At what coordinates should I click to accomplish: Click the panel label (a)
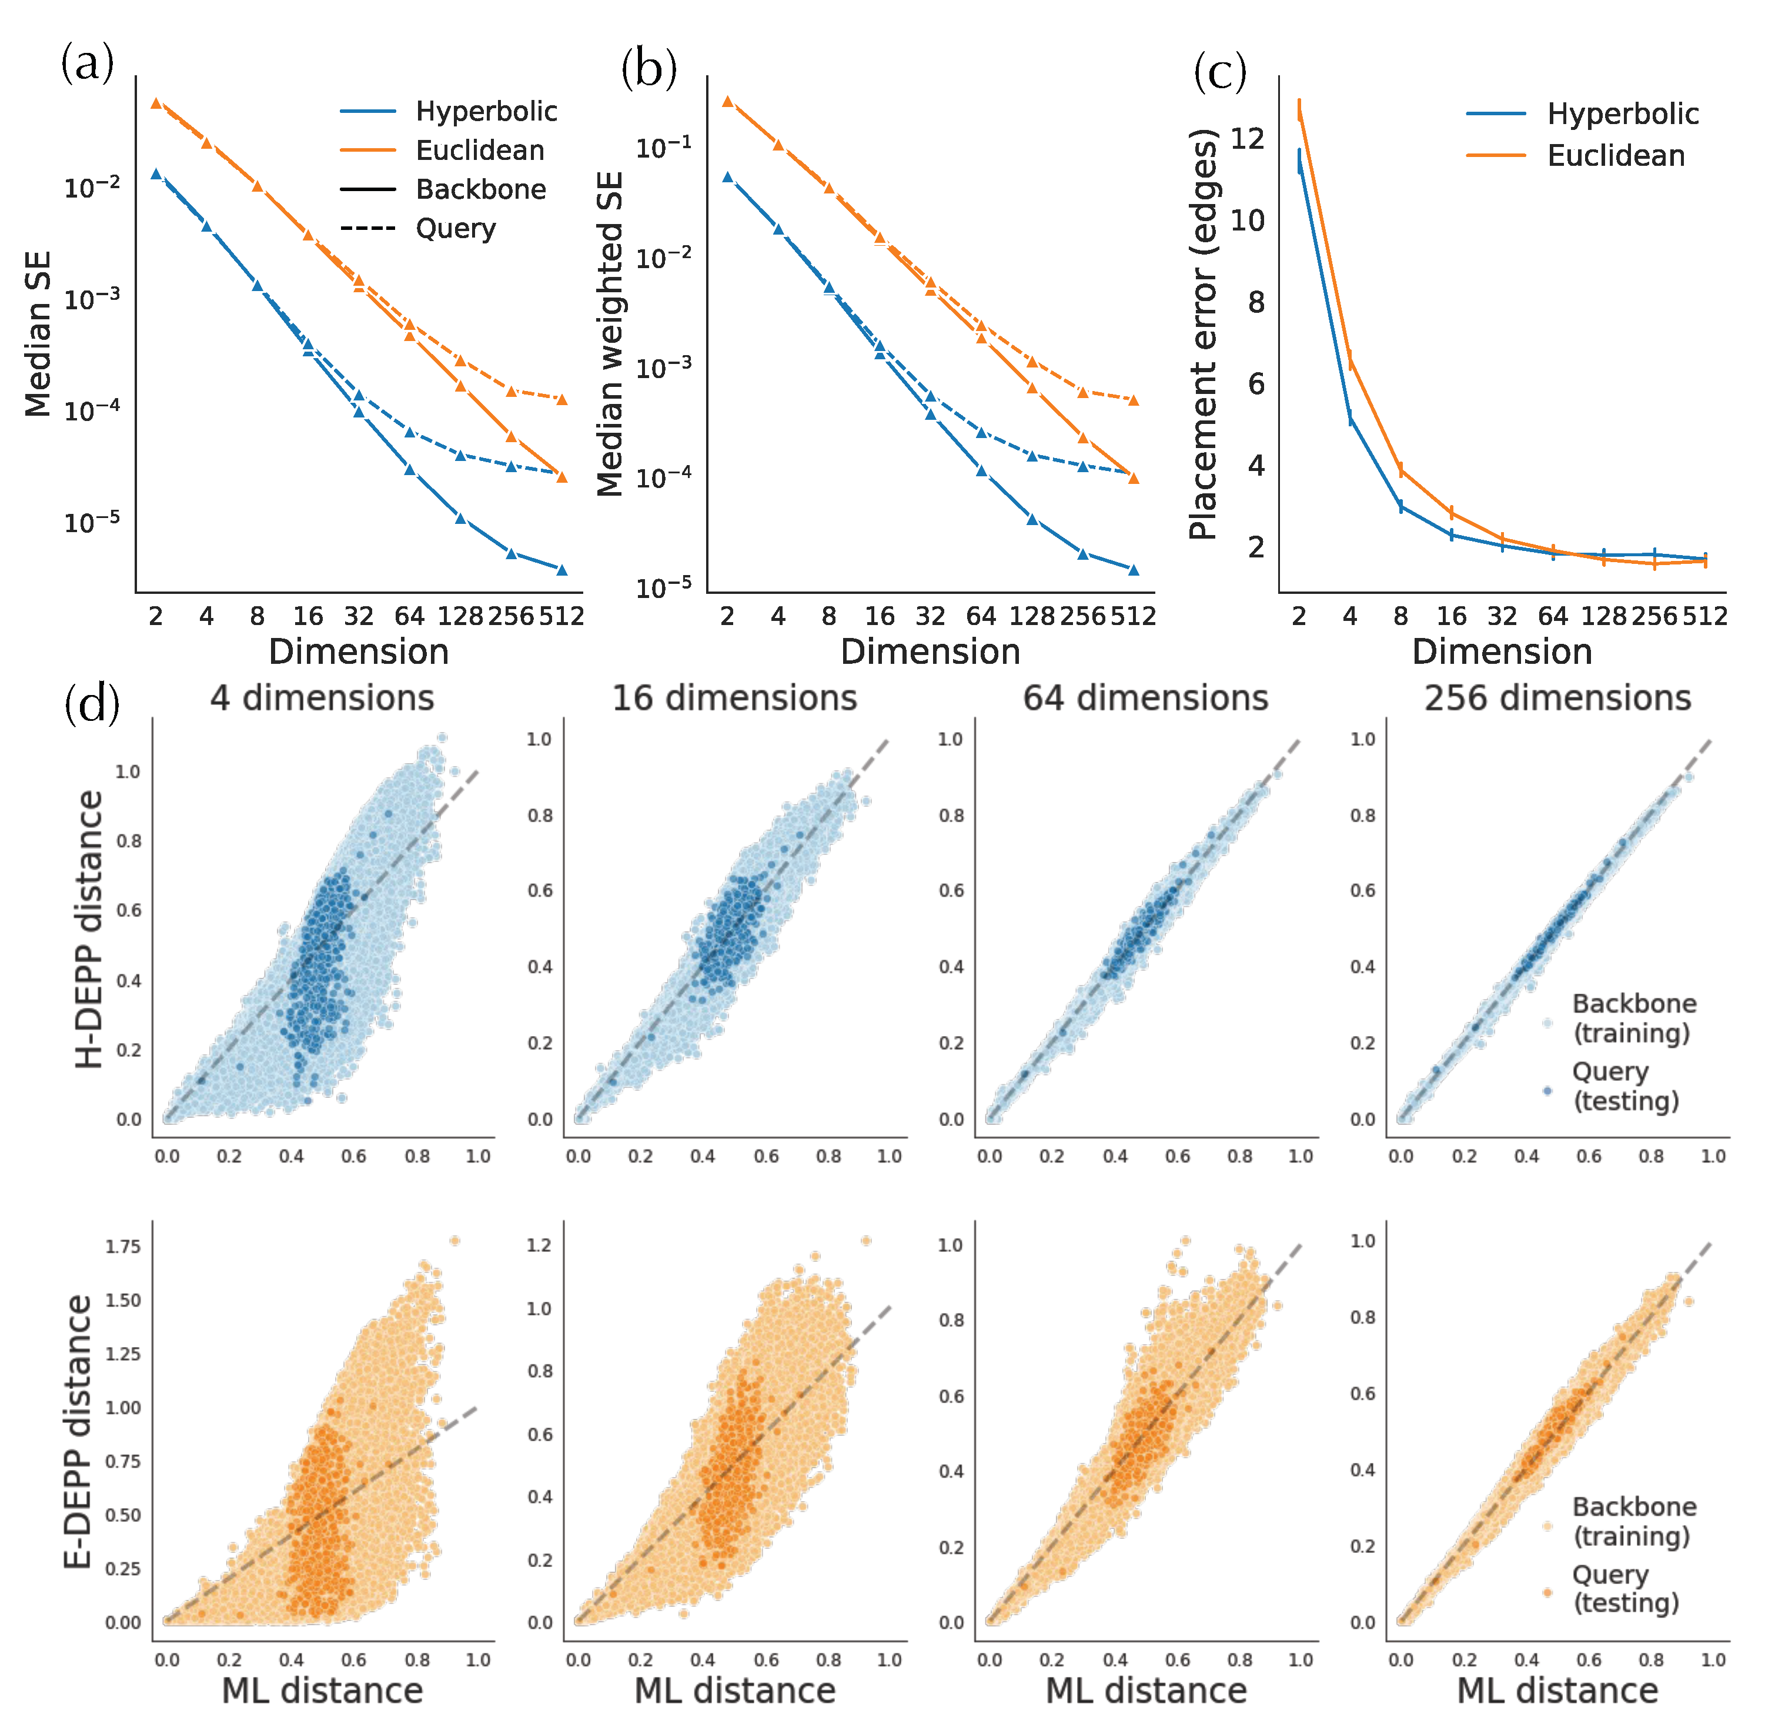(88, 64)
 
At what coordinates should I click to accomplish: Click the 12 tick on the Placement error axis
(1247, 138)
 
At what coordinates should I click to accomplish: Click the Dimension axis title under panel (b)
(930, 652)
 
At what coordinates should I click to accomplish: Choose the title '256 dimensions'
(1557, 699)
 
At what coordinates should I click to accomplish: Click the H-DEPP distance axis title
(89, 929)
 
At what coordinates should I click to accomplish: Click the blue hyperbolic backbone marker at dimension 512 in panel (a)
(562, 570)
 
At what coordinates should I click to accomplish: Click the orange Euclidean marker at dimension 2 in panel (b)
(727, 101)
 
